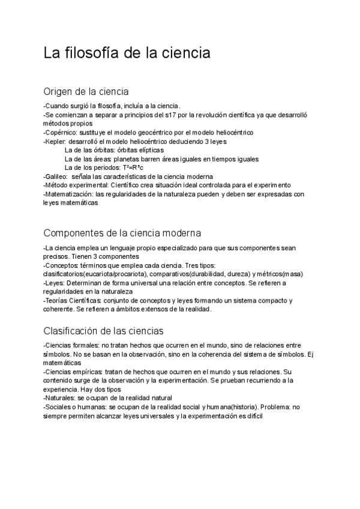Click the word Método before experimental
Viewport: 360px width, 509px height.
(x=57, y=185)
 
